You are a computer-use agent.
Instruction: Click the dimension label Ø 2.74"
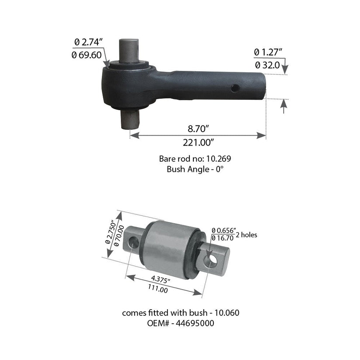89,42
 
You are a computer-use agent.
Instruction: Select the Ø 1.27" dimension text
268,52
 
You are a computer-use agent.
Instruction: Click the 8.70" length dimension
197,129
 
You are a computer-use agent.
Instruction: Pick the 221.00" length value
198,142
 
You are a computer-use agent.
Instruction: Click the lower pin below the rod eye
130,119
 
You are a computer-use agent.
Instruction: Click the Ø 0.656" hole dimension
224,230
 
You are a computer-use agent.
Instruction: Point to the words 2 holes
247,235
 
